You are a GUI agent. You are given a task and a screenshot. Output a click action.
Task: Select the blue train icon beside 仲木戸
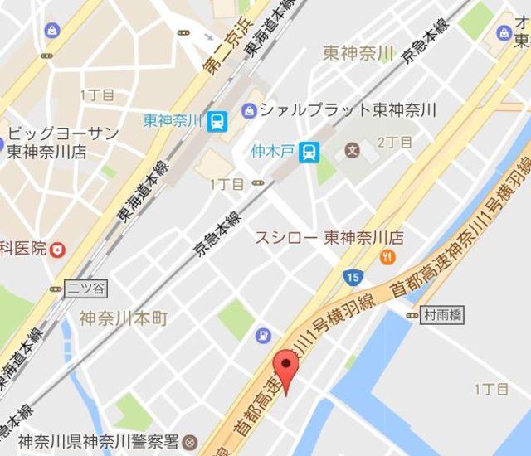point(309,151)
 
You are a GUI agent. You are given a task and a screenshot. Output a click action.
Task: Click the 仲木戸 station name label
point(275,151)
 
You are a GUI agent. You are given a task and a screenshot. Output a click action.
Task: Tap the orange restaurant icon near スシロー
point(387,258)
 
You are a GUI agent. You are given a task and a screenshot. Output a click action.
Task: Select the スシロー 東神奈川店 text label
point(329,238)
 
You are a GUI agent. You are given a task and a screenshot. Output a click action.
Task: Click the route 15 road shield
point(354,275)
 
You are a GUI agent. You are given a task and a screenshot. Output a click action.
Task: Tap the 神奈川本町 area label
point(124,318)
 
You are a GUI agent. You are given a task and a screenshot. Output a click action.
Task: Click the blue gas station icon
point(263,336)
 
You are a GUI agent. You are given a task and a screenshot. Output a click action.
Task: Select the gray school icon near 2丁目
point(353,151)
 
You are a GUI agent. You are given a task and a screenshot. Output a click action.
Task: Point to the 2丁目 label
point(394,143)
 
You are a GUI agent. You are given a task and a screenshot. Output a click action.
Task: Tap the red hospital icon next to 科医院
point(57,248)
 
